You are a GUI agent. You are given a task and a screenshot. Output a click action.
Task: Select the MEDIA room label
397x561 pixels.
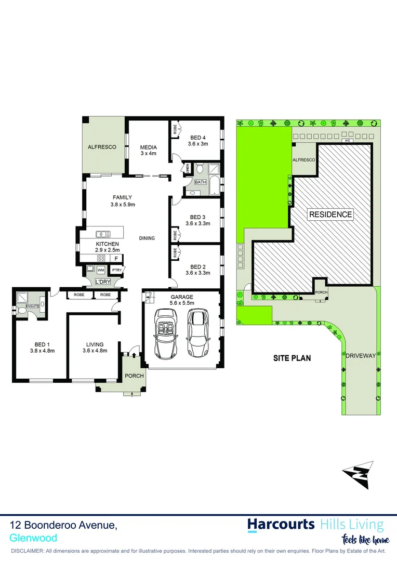point(148,147)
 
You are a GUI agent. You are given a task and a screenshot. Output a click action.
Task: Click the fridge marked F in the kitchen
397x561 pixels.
point(116,258)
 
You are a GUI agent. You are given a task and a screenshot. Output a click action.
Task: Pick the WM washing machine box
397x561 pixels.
point(101,271)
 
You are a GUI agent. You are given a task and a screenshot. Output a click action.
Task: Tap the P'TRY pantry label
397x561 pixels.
point(116,270)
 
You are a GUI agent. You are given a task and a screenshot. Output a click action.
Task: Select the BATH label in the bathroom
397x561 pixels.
point(201,182)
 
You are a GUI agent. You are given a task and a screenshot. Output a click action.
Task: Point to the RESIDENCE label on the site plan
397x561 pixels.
point(330,215)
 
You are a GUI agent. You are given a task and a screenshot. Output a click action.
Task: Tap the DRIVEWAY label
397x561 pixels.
point(360,355)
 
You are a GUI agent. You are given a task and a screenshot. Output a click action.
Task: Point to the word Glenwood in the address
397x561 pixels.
point(34,538)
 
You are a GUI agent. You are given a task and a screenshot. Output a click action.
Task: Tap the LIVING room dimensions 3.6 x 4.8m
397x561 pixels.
point(95,351)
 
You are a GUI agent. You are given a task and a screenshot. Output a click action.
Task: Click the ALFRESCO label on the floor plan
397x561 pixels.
point(102,147)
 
